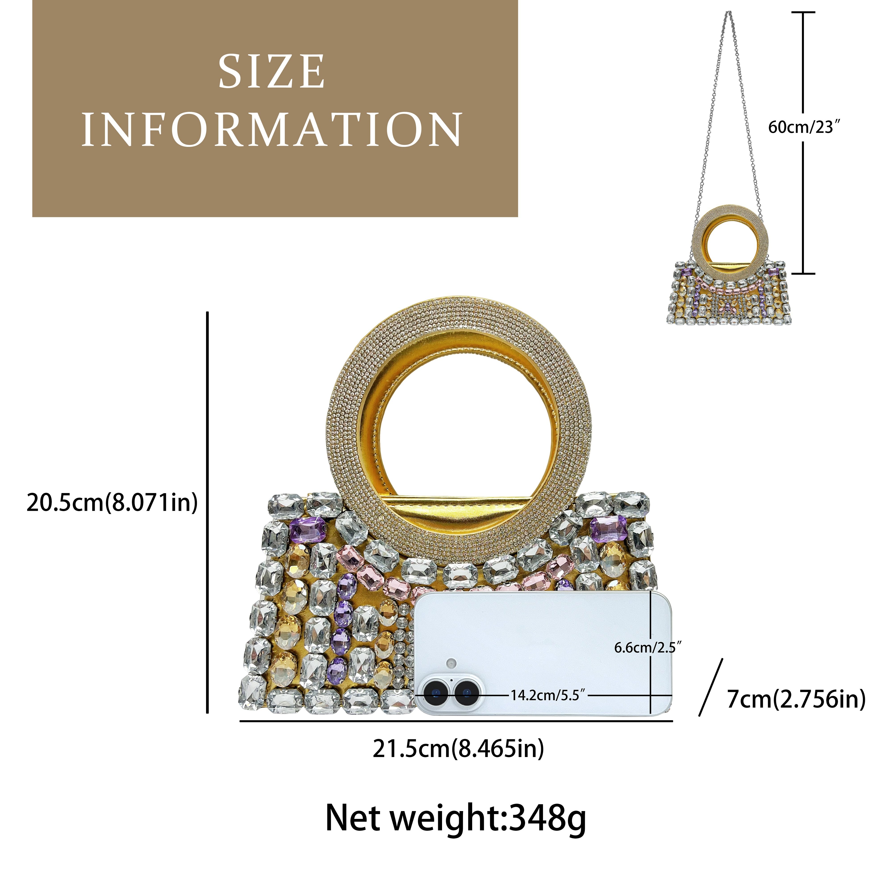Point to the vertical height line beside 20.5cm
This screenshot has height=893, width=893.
coord(208,513)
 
